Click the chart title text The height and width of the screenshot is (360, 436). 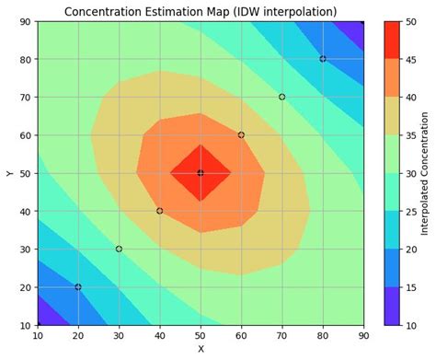200,11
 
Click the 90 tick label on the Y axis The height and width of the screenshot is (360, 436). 25,21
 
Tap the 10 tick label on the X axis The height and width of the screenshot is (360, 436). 38,337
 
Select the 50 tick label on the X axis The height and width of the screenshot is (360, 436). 201,337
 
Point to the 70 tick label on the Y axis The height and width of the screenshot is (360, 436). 25,97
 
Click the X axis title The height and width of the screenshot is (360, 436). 201,350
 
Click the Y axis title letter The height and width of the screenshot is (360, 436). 9,173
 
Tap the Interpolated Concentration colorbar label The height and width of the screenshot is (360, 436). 425,173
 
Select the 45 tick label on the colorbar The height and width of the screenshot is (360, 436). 409,59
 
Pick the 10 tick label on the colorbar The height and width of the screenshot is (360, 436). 409,325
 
